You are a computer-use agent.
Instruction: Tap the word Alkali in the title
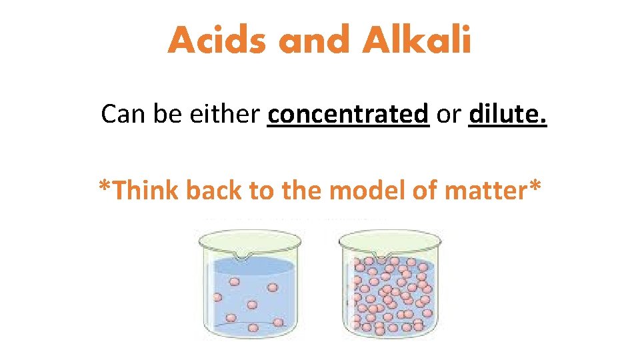click(417, 41)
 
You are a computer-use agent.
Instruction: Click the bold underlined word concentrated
click(347, 115)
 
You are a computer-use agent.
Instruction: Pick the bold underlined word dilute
click(508, 115)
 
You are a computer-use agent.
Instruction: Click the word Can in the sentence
click(123, 115)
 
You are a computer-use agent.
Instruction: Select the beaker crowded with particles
click(389, 287)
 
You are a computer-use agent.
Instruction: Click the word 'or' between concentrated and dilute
click(449, 115)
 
